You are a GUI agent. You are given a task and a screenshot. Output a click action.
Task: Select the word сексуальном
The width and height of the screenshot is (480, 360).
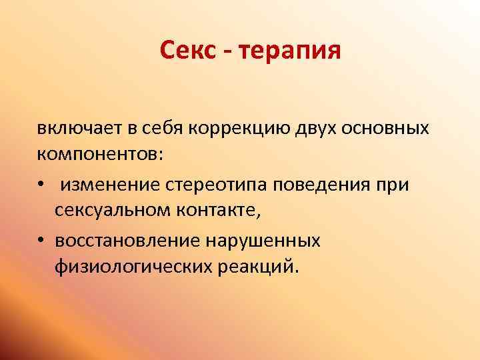pyautogui.click(x=114, y=212)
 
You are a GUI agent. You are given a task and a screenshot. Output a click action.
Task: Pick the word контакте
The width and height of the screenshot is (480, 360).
pyautogui.click(x=222, y=212)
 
